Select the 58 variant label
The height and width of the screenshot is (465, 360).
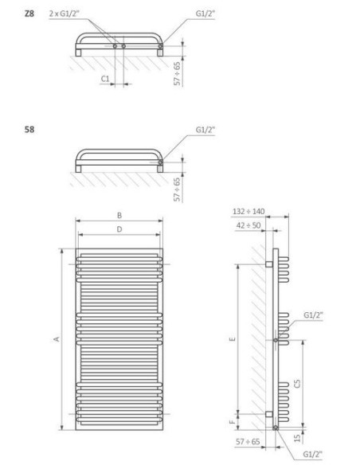[x=29, y=127]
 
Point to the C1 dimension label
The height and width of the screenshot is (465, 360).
[x=105, y=79]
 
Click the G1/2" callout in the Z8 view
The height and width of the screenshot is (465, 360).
[x=205, y=14]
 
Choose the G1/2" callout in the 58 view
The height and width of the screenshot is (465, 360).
[x=205, y=127]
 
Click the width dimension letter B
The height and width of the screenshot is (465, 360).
[x=119, y=215]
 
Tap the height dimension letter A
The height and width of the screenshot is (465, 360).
[x=56, y=339]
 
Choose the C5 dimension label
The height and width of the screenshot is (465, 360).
[x=297, y=383]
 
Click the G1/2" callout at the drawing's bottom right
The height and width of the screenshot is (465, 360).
[x=314, y=454]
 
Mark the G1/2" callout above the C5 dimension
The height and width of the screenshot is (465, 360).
[x=313, y=315]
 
